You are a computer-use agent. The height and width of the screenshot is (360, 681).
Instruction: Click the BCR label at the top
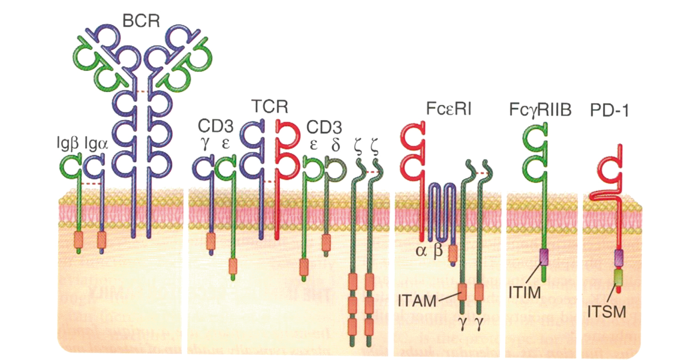[141, 20]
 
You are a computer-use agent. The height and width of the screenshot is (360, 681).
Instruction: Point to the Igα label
[97, 144]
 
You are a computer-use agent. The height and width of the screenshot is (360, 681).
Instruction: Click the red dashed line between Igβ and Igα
[90, 184]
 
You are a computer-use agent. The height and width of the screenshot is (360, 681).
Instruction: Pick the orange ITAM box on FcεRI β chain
[453, 251]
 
